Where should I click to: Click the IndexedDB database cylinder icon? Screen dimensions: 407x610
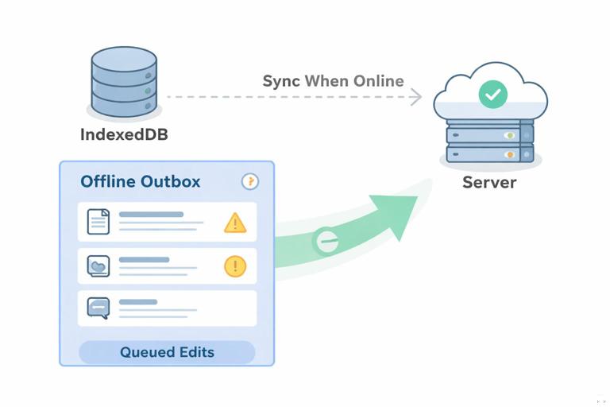pos(124,82)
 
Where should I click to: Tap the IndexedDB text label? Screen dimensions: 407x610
pos(124,134)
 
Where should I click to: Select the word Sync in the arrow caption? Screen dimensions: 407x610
pos(281,81)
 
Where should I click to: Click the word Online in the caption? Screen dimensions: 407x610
pos(378,81)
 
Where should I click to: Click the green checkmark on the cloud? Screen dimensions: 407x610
pos(492,95)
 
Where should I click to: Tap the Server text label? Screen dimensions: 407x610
pos(489,182)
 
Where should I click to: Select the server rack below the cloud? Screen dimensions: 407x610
pos(489,142)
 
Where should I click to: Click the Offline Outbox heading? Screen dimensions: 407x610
pos(141,181)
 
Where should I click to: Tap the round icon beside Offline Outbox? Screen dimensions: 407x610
pos(250,182)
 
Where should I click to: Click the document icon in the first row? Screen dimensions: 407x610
pos(98,222)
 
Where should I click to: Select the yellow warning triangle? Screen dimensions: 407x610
pos(236,223)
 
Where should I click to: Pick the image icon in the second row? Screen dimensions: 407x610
pos(98,267)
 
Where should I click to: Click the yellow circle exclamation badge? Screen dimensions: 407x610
pos(236,266)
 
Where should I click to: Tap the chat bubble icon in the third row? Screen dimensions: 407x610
pos(98,307)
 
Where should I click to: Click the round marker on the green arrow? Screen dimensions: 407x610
pos(325,240)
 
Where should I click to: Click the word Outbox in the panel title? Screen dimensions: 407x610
pos(171,181)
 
